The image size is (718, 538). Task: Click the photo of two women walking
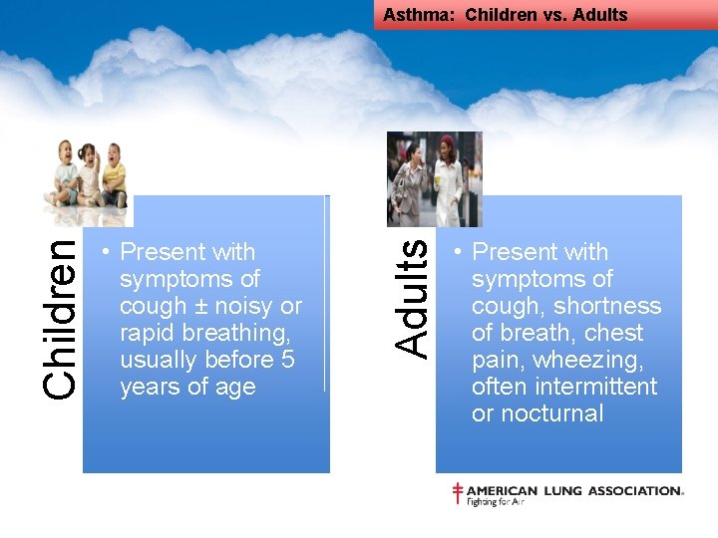[x=434, y=179]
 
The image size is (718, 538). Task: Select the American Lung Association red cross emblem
[x=458, y=493]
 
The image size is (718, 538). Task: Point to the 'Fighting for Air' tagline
[x=495, y=502]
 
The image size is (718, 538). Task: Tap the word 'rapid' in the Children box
[x=147, y=333]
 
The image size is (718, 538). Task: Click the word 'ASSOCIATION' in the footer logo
[x=635, y=490]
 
